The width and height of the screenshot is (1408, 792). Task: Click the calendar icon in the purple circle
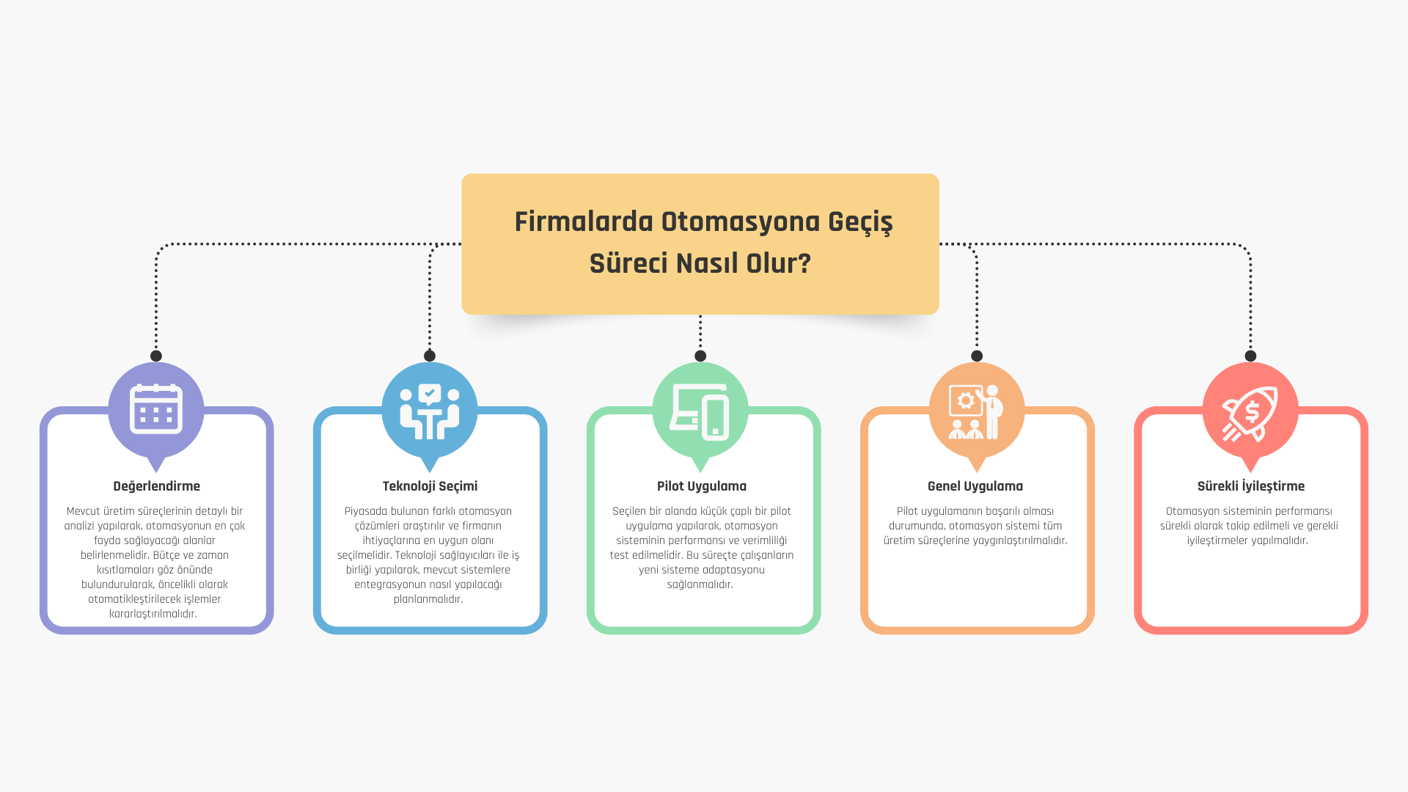pos(155,408)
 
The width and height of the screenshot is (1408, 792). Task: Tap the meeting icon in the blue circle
pos(430,411)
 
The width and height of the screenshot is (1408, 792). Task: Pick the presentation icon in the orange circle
pos(976,411)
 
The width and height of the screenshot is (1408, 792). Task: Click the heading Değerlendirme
pos(156,486)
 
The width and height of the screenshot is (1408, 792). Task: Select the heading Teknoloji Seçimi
pos(430,486)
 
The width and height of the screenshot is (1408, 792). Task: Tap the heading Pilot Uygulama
pos(702,486)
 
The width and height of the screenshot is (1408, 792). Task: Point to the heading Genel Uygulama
pos(975,486)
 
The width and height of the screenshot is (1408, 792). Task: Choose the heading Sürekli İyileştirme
pos(1251,485)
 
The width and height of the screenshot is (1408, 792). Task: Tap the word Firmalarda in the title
pos(584,221)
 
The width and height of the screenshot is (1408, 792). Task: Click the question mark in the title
pos(804,263)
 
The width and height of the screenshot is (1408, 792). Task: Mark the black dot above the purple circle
pos(156,356)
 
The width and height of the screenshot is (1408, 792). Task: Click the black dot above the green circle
pos(700,356)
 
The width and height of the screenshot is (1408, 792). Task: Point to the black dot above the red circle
pos(1250,356)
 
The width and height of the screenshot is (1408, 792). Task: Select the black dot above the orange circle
pos(977,356)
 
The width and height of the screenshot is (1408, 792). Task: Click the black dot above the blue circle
pos(430,356)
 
